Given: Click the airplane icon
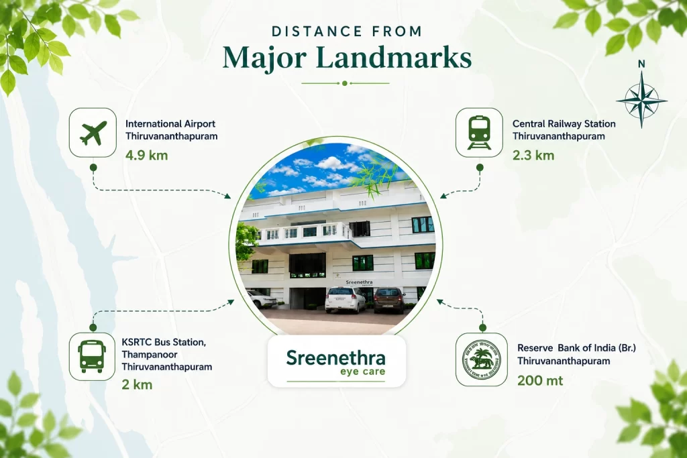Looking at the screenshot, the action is tap(93, 133).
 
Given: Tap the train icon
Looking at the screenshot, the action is tap(479, 133).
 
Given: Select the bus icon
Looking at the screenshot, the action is tap(92, 357).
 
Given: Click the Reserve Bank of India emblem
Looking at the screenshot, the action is tap(482, 360).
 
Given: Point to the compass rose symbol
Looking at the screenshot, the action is tap(641, 99).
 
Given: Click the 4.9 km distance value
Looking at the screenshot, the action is tap(146, 156).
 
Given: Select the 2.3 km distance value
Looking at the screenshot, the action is tap(533, 156).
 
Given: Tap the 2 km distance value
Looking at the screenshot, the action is tap(137, 385).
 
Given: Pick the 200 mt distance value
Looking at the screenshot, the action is tap(540, 380).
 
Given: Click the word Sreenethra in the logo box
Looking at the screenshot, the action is tap(336, 357).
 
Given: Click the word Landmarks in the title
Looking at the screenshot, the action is tap(393, 58).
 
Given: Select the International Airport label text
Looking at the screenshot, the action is tap(170, 124).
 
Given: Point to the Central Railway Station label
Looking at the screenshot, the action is tap(564, 124).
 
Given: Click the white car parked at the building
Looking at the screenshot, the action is tap(346, 300).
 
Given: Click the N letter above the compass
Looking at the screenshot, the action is tap(641, 64).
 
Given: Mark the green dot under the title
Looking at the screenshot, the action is tap(345, 83).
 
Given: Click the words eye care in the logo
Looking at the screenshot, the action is tap(363, 371).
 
